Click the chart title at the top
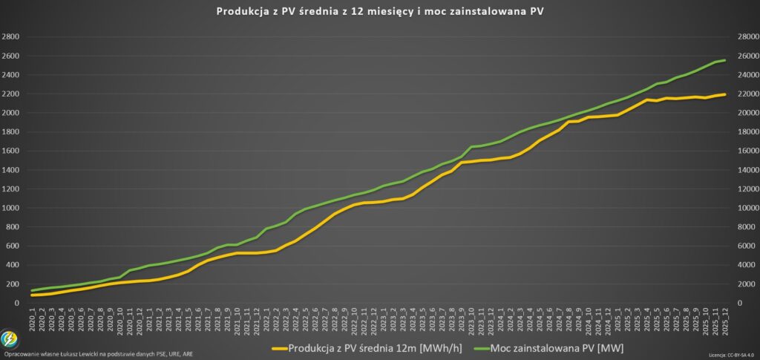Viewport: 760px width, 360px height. coord(381,11)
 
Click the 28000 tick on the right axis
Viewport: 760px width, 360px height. coord(745,37)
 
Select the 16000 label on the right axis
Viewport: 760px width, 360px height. coord(745,151)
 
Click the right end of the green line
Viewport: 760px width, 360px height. coord(725,60)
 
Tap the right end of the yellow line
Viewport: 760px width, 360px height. coord(725,94)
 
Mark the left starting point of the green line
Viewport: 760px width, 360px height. coord(32,290)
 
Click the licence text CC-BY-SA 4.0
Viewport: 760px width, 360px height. coord(741,356)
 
